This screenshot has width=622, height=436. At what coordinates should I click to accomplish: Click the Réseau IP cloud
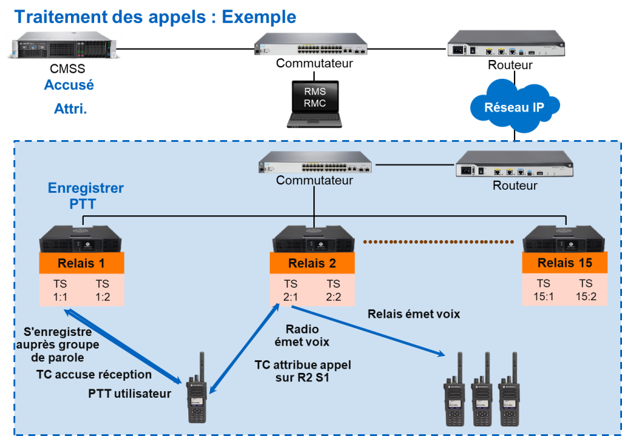(x=514, y=107)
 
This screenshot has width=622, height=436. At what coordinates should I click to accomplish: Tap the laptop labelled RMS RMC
(x=315, y=102)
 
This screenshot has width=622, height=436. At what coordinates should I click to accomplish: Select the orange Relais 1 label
(x=81, y=263)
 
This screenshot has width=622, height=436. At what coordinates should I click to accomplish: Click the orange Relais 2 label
(x=312, y=263)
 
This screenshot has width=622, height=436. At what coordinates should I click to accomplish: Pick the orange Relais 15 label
(x=564, y=263)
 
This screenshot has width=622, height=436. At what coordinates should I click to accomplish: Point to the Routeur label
(x=514, y=186)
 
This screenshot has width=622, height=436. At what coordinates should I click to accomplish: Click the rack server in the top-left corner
(x=63, y=45)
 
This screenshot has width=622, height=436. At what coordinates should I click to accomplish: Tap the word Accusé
(x=69, y=85)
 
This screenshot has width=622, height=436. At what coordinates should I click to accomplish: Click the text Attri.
(x=70, y=110)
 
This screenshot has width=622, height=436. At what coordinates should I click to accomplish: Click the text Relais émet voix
(x=414, y=314)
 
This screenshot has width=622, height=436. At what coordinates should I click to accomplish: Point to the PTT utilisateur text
(x=129, y=394)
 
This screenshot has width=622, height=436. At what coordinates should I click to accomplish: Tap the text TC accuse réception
(x=94, y=374)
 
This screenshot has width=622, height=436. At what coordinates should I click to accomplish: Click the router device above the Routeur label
(x=514, y=165)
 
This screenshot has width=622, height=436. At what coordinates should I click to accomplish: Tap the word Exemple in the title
(x=259, y=16)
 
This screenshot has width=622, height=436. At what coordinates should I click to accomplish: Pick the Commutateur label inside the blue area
(x=314, y=180)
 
